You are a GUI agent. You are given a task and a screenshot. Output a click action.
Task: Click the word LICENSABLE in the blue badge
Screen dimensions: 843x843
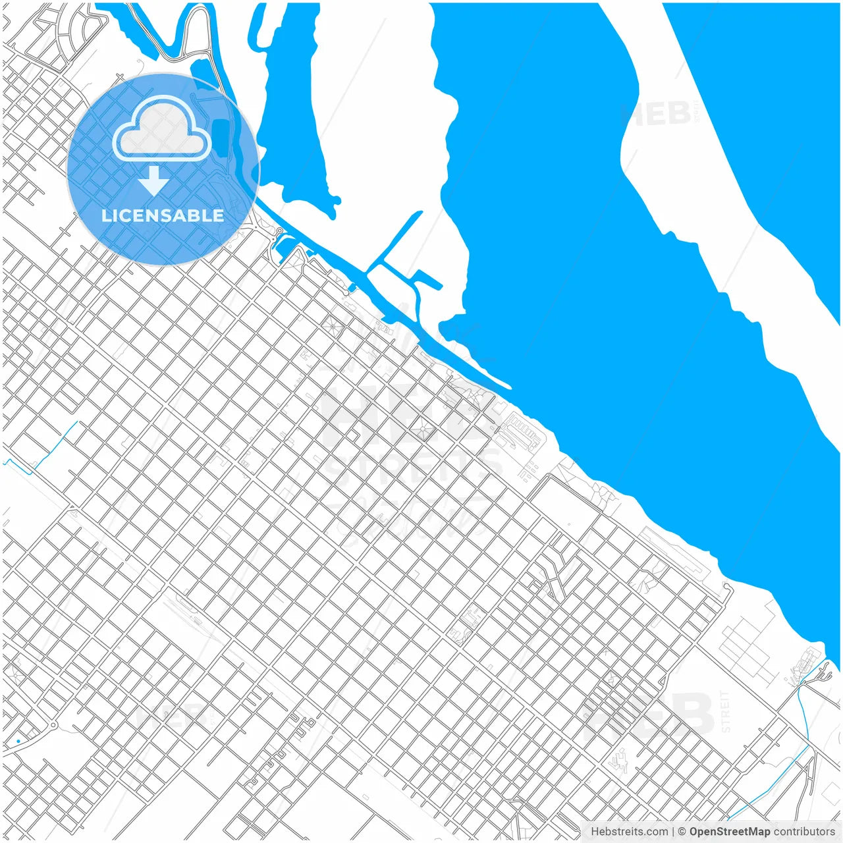(x=163, y=215)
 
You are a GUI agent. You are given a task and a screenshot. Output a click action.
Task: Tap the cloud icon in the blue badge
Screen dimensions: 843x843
(x=162, y=129)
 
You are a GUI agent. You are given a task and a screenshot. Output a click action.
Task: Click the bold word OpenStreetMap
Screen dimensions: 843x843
(x=729, y=832)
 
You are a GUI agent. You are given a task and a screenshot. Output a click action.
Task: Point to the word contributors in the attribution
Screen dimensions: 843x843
(x=803, y=832)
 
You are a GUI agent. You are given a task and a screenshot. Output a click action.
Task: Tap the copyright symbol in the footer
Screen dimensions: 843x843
(x=682, y=832)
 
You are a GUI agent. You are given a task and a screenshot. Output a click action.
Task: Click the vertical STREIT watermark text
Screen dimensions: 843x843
(x=726, y=711)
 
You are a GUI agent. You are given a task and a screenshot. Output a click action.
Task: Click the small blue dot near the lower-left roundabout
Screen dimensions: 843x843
(x=18, y=742)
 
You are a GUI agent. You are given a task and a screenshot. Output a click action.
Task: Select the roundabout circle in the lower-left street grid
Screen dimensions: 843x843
(x=53, y=725)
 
